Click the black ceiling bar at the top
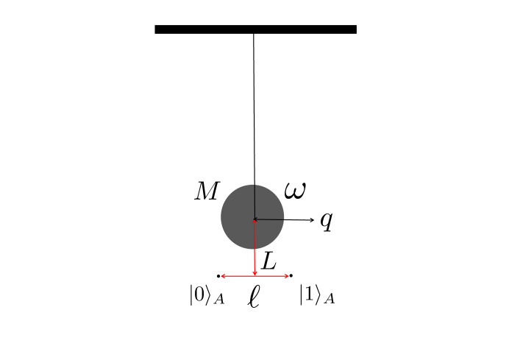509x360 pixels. click(255, 29)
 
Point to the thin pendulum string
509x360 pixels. click(254, 110)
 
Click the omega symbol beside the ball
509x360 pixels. click(295, 190)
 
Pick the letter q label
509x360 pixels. click(327, 222)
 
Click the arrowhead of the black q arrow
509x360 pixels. click(312, 219)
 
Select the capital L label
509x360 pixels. click(269, 261)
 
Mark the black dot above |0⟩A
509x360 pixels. click(219, 276)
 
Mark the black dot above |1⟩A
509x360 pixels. click(291, 276)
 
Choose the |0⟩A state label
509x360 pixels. click(206, 296)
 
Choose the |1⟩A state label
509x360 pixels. click(317, 296)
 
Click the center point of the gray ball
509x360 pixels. click(254, 219)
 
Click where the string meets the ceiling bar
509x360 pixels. click(254, 33)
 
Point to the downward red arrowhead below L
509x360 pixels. click(254, 272)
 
